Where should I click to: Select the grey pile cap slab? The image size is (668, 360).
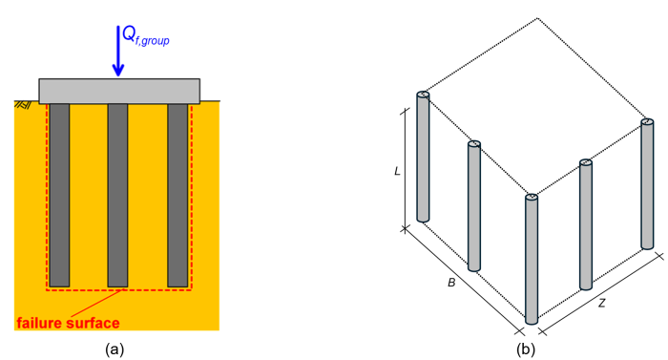118,91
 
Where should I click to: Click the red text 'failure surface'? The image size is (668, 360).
68,324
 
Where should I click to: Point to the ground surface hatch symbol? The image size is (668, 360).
22,103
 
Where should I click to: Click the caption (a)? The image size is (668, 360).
116,349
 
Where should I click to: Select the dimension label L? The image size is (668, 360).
397,172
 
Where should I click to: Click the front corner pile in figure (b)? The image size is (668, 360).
532,258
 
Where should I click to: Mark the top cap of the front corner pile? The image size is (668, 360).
532,198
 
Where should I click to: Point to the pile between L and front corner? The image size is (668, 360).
474,204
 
